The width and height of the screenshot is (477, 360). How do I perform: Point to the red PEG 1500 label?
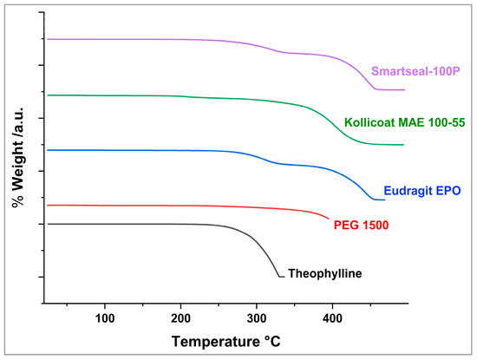coord(361,226)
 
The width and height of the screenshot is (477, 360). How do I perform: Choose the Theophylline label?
coord(324,273)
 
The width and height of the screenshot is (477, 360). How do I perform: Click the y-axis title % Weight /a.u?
coord(16,165)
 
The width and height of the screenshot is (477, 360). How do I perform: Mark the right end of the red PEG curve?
coord(330,218)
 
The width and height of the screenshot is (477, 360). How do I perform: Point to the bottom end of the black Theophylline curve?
coord(280,277)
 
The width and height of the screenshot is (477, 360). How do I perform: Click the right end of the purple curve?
coord(404,90)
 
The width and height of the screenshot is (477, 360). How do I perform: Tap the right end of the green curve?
coord(403,145)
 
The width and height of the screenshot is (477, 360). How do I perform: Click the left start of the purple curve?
coord(47,39)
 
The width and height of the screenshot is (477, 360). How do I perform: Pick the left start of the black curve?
coord(47,224)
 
